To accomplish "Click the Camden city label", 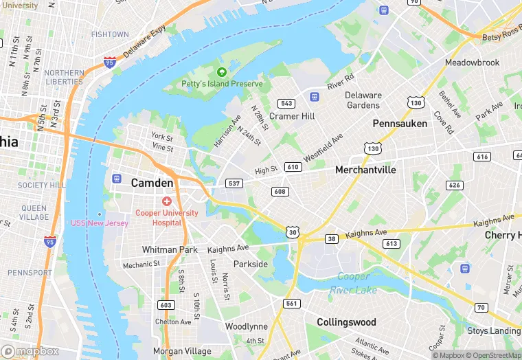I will (152, 183).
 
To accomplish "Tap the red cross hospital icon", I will (166, 201).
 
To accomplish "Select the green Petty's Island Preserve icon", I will (221, 72).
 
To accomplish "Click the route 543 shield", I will (287, 104).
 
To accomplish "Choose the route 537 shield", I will (234, 183).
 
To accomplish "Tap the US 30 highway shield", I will (293, 233).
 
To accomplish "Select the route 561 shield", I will (291, 304).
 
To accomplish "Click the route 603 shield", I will (166, 305).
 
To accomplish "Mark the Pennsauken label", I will (400, 124).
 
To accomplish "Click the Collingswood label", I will (346, 322).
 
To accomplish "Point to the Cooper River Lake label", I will (356, 283).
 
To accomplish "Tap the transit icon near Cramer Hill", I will (315, 96).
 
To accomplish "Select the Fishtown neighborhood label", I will (110, 34).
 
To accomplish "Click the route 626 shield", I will (453, 185).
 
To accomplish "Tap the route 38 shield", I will (331, 239).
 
